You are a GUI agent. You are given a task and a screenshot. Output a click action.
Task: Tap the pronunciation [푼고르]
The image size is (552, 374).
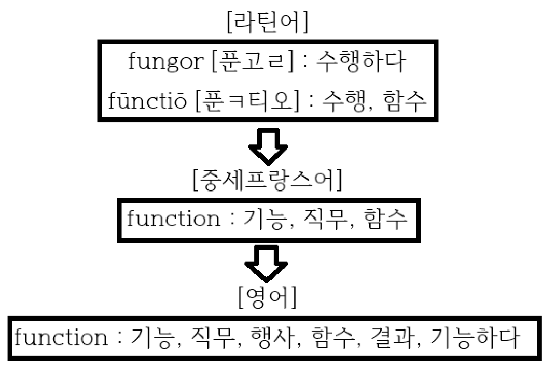point(249,63)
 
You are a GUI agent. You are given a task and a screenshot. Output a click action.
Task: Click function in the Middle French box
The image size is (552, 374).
point(172,220)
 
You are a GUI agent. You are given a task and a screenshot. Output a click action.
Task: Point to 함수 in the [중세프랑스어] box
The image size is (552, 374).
point(387,220)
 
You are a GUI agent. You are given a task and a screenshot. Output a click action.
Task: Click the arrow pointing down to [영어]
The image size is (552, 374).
point(267,261)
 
